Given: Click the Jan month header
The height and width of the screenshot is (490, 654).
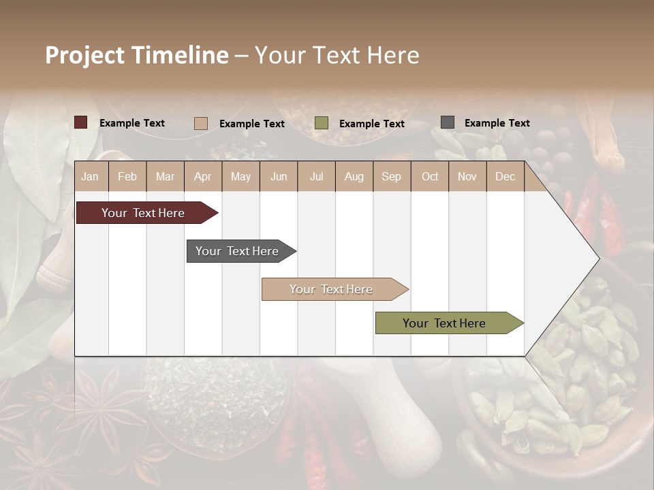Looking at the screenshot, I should (90, 176).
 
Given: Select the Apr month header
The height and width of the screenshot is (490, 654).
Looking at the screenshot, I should (203, 176).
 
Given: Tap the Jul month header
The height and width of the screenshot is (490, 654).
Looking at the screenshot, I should (316, 176).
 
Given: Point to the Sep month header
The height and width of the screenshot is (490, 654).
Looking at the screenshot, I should (391, 176).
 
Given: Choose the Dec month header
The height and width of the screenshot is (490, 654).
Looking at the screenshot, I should (505, 176).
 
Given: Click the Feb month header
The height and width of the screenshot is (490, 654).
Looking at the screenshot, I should (127, 176).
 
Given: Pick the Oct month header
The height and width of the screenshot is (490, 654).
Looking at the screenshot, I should (430, 176).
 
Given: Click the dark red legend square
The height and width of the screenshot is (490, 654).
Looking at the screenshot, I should (81, 122).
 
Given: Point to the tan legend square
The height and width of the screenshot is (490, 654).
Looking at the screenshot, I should (201, 123).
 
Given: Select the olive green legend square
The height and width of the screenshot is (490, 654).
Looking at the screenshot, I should (322, 123).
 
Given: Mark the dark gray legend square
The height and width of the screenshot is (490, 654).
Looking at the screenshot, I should (448, 122).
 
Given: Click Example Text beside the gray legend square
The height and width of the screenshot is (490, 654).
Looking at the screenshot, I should (497, 123).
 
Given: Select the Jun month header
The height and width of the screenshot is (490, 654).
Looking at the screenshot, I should (279, 176).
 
